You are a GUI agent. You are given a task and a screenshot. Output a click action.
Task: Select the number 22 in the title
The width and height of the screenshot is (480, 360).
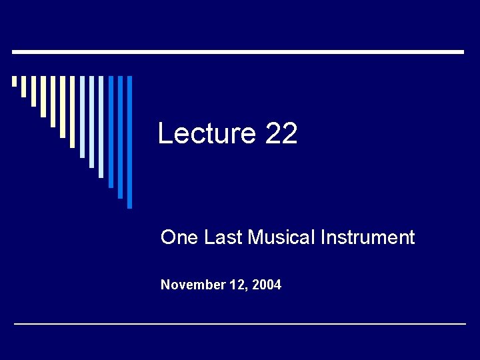point(281,134)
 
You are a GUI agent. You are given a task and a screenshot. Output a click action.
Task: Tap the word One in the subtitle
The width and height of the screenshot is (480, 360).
point(179,237)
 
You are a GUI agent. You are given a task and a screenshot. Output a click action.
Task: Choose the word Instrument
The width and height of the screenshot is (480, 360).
point(367,237)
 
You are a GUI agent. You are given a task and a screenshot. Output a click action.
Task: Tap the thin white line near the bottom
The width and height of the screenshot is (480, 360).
point(240,324)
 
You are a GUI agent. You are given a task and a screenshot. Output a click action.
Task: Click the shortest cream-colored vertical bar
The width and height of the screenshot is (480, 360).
point(14,81)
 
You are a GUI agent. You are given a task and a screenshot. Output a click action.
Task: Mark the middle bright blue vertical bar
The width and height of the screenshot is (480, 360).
point(121,137)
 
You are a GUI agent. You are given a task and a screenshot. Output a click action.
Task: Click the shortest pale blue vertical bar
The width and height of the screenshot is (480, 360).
point(82,117)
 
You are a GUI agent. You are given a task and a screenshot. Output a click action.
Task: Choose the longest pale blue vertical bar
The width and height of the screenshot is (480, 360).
point(101,127)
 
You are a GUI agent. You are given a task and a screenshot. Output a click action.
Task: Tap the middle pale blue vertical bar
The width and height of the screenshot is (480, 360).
point(91,121)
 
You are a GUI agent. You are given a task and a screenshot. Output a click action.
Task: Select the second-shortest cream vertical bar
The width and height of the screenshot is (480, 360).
point(23,86)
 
